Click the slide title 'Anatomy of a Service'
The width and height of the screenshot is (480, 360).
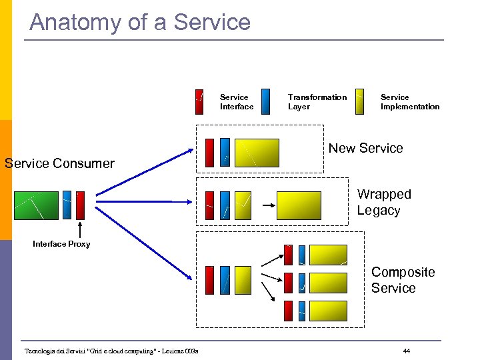point(140,22)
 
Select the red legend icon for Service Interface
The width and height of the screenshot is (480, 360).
point(199,101)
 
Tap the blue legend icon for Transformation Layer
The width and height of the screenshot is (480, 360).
point(266,101)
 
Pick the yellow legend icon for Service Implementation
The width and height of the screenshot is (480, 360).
point(360,101)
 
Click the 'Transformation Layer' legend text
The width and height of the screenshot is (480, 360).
point(317,102)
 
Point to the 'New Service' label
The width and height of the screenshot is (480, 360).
point(365,148)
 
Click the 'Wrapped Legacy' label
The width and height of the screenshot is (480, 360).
point(383,202)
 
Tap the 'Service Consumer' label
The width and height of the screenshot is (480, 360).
point(59,163)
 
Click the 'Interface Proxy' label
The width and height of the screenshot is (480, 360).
point(61,244)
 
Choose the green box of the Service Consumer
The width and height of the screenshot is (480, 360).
point(37,205)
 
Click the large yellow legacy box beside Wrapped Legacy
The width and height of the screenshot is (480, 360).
point(298,205)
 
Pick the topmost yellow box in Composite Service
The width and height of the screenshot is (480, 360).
point(328,255)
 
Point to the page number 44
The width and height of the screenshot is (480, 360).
point(407,351)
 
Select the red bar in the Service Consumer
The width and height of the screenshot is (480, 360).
point(81,205)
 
